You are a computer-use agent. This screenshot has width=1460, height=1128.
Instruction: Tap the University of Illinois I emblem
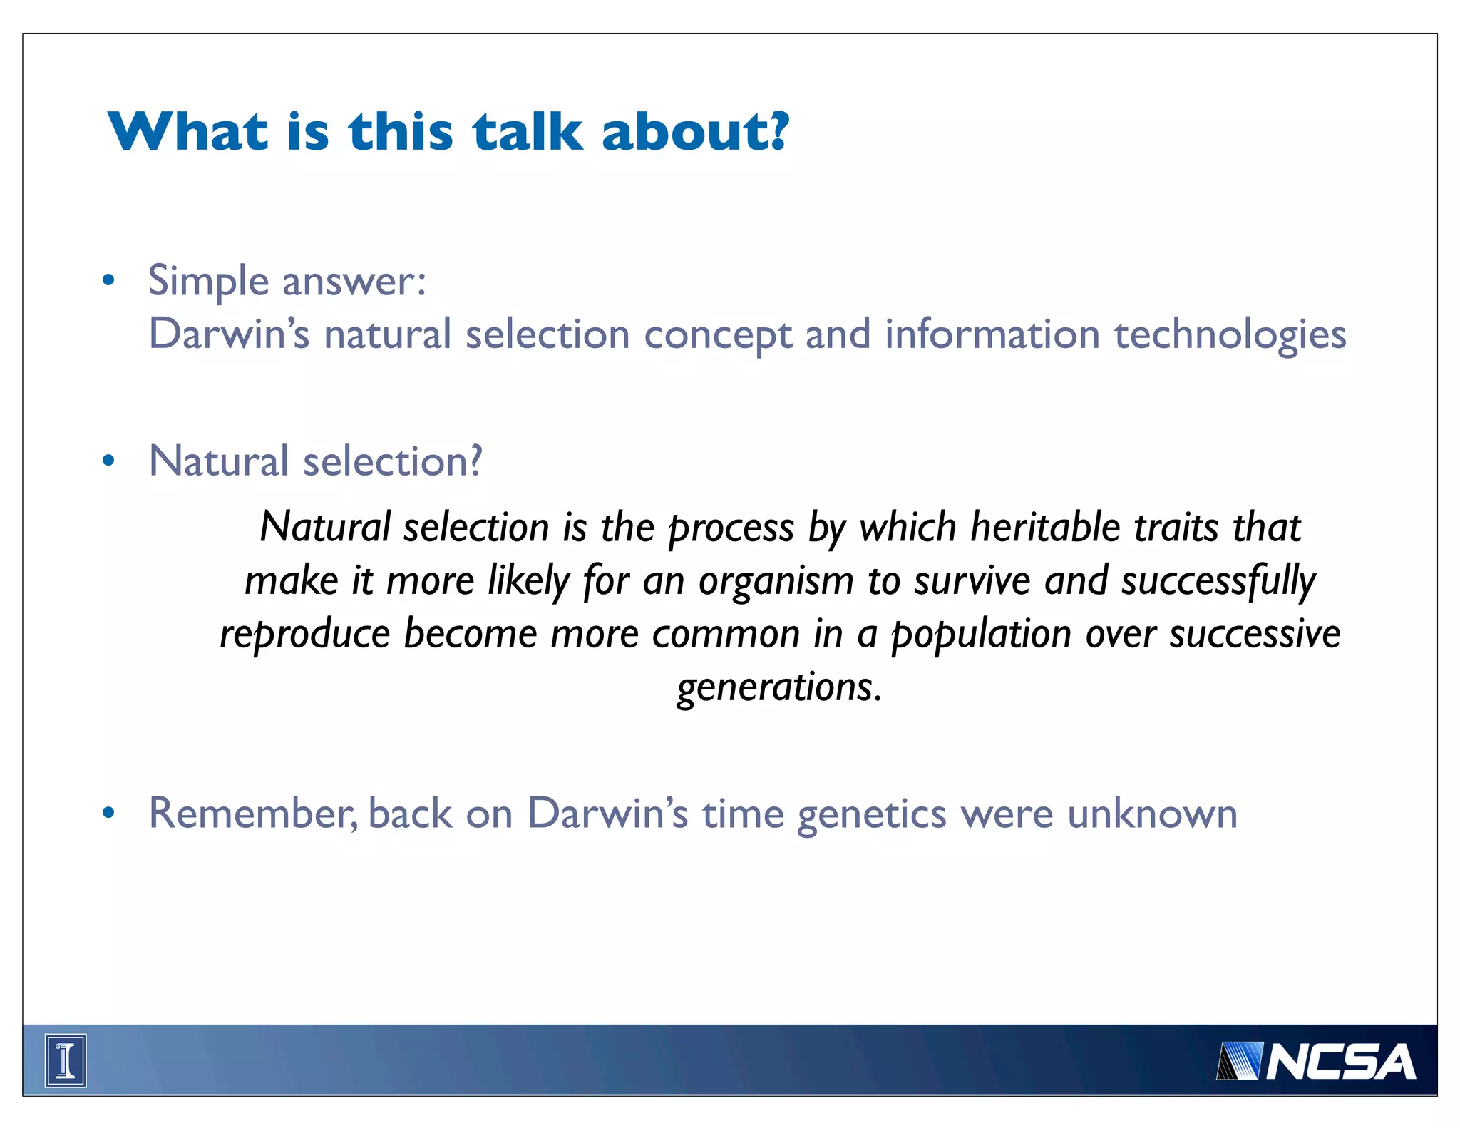point(66,1060)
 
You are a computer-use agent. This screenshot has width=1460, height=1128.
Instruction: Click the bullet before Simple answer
point(108,280)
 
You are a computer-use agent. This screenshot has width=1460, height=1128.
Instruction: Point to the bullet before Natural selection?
point(108,461)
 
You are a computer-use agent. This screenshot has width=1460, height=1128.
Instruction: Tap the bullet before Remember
point(108,813)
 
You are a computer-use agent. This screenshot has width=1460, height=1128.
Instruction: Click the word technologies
point(1230,335)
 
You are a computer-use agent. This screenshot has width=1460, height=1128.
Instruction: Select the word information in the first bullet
point(992,334)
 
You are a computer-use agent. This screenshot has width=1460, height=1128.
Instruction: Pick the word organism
point(776,582)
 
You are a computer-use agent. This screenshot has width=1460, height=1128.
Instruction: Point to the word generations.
point(779,688)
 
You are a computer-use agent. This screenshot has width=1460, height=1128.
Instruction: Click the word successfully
point(1218,582)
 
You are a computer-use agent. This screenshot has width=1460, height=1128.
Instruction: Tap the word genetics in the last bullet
point(871,814)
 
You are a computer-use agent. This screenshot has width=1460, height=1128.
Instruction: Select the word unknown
point(1152,813)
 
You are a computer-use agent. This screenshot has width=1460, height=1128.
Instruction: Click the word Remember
point(252,813)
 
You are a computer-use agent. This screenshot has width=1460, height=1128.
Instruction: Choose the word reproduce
point(304,635)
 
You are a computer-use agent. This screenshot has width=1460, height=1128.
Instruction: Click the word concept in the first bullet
point(717,335)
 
